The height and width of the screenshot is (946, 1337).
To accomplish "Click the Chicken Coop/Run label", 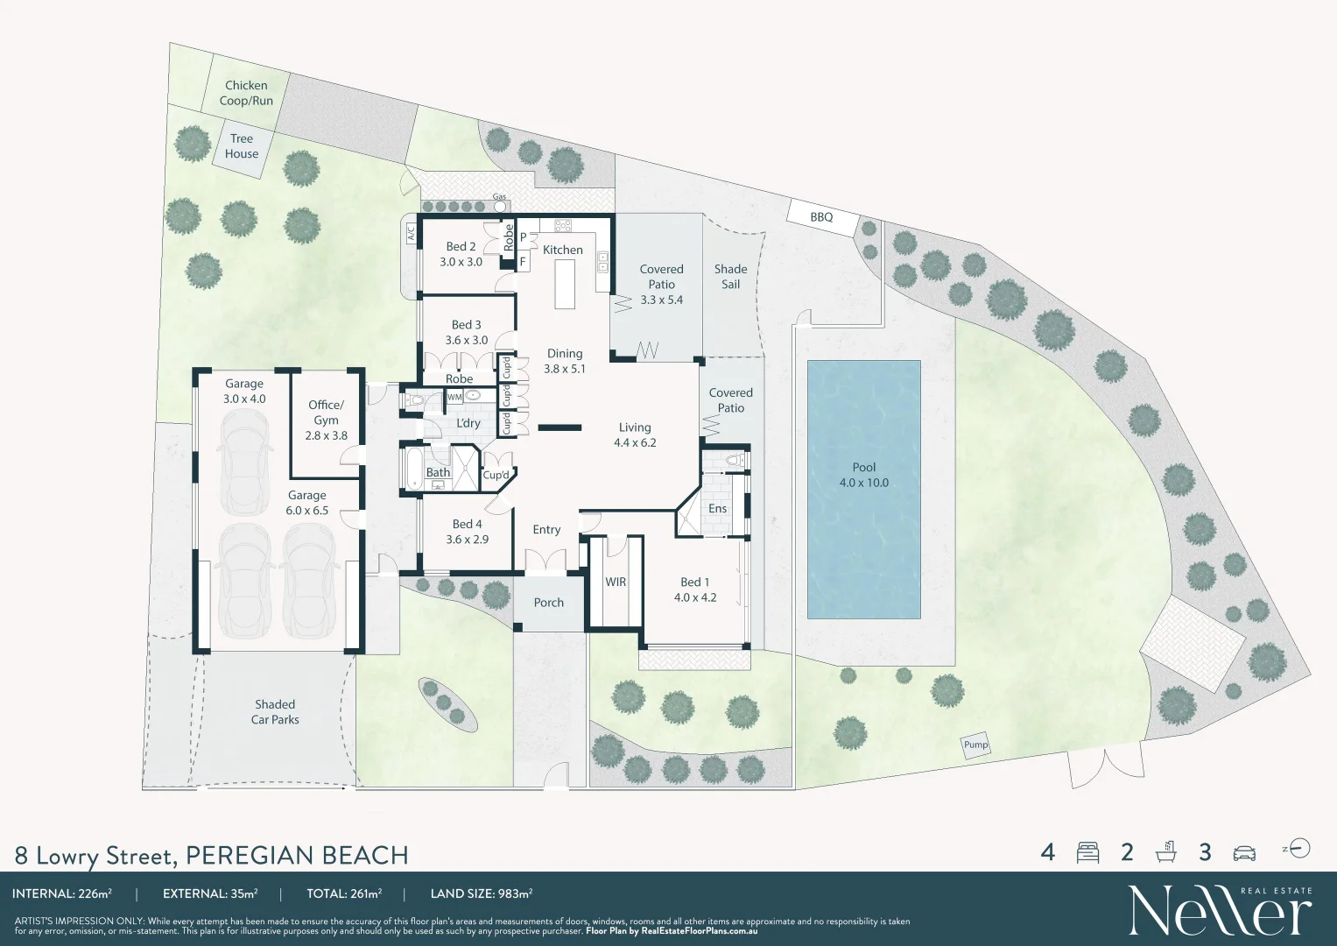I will (246, 93).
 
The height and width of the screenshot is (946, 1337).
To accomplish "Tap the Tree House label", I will (242, 146).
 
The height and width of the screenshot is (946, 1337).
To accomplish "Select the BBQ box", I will (821, 217).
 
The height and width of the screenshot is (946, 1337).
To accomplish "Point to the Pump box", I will (975, 745).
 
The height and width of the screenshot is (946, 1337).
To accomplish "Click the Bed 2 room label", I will (461, 254).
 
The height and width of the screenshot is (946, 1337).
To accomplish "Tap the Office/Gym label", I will (326, 420).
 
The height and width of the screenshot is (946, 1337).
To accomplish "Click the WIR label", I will (616, 582).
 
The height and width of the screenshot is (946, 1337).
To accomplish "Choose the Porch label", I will (549, 603).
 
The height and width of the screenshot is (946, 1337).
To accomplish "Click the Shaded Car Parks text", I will (275, 712).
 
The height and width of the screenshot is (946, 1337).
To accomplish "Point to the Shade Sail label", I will (730, 277).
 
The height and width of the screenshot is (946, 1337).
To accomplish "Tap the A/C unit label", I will (410, 233).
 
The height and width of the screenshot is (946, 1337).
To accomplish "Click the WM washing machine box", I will (454, 397).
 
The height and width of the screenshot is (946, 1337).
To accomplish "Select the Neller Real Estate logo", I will (1219, 911).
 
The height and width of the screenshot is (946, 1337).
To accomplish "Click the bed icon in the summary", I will (1087, 852).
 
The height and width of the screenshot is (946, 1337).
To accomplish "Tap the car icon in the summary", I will (1243, 852).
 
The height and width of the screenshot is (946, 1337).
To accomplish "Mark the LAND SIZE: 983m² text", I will (482, 894).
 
